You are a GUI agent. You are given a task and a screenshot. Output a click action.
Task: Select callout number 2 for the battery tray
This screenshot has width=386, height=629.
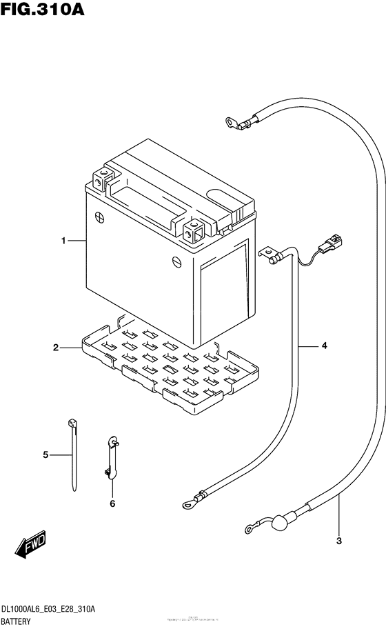tap(55, 348)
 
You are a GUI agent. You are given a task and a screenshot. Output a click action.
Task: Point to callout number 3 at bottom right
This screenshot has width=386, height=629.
tap(338, 540)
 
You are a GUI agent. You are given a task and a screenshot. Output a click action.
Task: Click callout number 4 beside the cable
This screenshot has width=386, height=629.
tap(323, 346)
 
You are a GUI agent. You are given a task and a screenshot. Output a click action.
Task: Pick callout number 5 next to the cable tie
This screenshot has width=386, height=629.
tap(45, 455)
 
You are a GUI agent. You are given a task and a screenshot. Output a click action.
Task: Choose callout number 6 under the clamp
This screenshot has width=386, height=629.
tap(112, 503)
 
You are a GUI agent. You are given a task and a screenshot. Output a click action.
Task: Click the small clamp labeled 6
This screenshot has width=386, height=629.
tap(112, 456)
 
